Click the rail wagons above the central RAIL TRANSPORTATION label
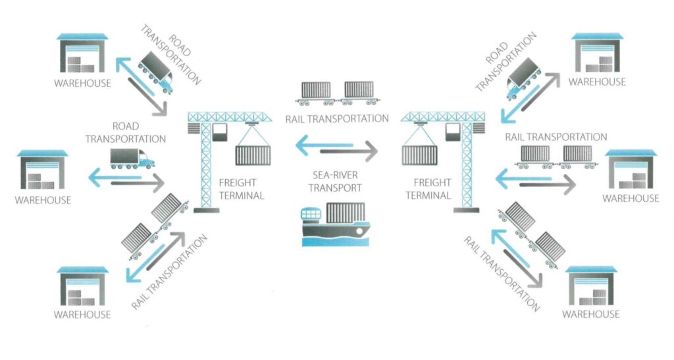(336, 93)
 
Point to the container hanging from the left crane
(253, 155)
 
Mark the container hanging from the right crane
(419, 155)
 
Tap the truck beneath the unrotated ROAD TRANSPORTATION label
(132, 159)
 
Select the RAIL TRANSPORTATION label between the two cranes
(337, 119)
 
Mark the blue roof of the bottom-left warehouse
(83, 270)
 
